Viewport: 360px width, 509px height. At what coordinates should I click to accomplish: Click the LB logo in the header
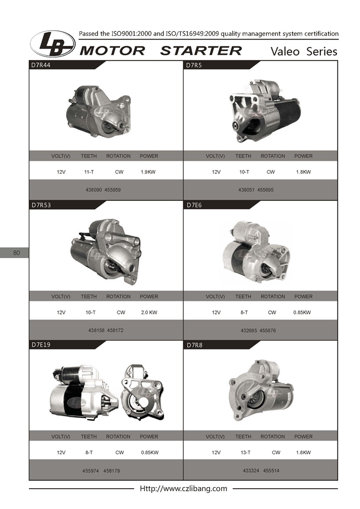tap(53, 44)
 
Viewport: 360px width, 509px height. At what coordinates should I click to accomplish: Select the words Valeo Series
tap(304, 51)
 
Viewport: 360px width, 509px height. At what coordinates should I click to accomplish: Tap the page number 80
tap(17, 252)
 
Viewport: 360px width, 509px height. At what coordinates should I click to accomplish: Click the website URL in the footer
tap(184, 489)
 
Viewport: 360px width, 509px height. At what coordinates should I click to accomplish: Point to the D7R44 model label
tap(41, 65)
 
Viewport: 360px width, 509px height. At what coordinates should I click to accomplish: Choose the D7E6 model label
tap(194, 205)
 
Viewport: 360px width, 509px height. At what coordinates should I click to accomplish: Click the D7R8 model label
tap(195, 345)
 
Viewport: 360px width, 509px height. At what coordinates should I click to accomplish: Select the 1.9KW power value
tap(148, 172)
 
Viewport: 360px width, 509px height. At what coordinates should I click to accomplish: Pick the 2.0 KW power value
tap(149, 312)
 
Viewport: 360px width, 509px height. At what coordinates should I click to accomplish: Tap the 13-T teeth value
tap(245, 452)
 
